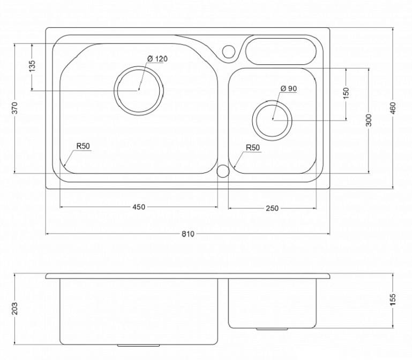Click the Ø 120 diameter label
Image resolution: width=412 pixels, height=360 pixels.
[x=158, y=58]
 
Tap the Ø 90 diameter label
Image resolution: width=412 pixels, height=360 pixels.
[x=288, y=88]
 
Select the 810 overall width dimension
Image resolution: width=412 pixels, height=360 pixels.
[x=188, y=234]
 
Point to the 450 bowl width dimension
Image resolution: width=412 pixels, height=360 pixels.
[x=138, y=207]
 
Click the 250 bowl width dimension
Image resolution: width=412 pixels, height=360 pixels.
[x=272, y=208]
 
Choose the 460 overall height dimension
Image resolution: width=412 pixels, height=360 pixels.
[x=393, y=108]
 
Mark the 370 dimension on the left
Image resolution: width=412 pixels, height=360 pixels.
[x=14, y=108]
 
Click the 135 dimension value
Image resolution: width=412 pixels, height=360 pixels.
[x=32, y=66]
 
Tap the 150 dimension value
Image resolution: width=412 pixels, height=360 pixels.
[x=346, y=93]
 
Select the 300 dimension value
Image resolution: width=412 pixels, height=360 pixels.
[x=369, y=120]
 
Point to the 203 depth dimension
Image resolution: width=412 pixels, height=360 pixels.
[x=14, y=308]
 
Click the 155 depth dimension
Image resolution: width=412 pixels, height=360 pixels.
[x=393, y=299]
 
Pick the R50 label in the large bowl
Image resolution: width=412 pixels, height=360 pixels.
[x=83, y=146]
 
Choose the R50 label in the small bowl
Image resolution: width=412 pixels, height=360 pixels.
[x=252, y=148]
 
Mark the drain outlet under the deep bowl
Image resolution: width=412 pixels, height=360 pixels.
[x=138, y=346]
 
